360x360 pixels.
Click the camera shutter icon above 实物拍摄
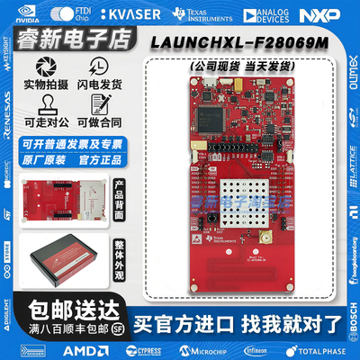click(41, 70)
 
